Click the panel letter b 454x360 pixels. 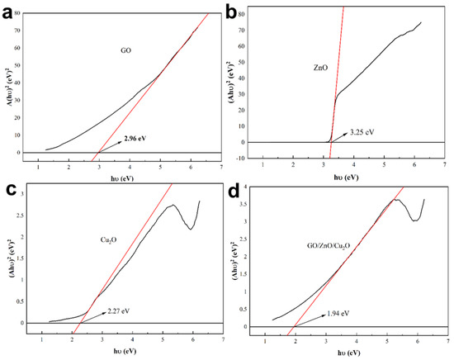[x=232, y=11]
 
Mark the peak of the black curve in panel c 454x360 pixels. [x=173, y=206]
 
